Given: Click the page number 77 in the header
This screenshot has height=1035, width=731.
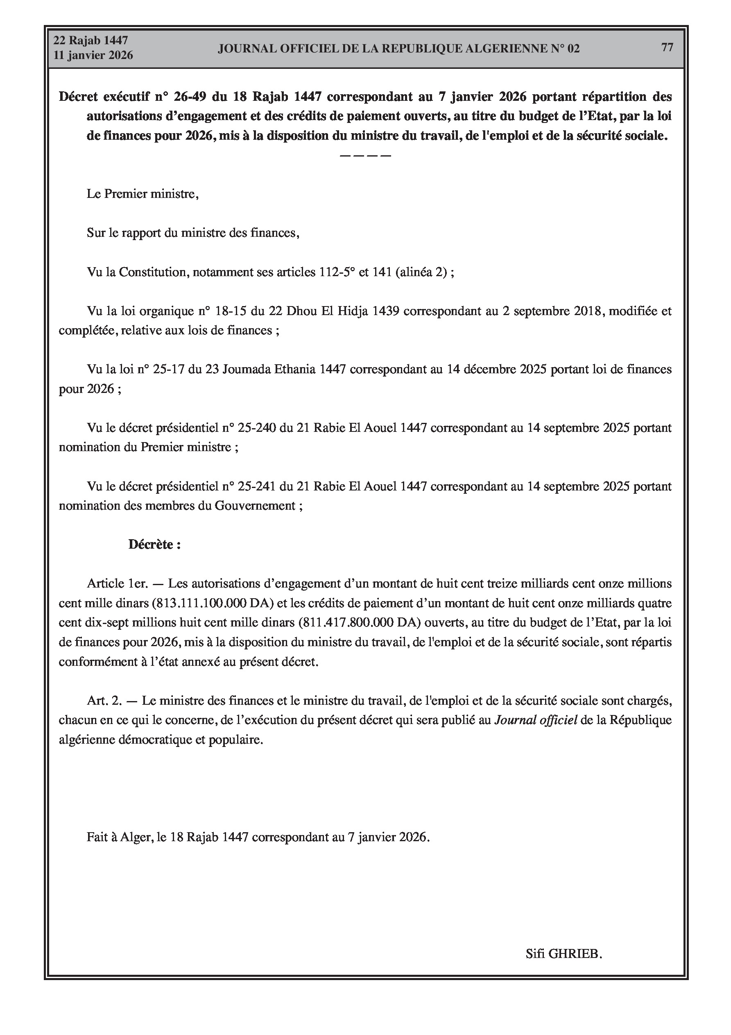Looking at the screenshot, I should (x=667, y=48).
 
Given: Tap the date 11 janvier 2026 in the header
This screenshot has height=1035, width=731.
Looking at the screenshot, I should (x=93, y=55).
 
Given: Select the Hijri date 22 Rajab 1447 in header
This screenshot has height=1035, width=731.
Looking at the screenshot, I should (x=91, y=41).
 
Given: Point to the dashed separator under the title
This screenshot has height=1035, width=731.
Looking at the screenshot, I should (x=365, y=156).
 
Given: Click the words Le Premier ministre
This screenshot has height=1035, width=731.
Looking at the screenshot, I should (x=143, y=194).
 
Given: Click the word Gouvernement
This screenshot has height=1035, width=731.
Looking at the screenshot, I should (x=255, y=506).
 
